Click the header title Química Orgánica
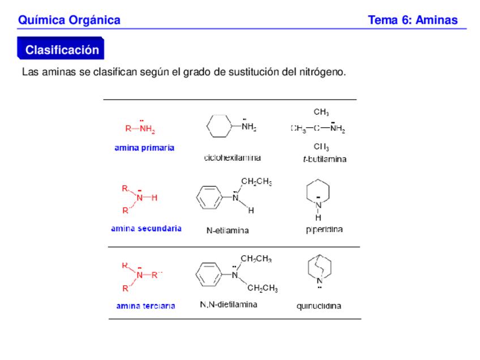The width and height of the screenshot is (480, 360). pyautogui.click(x=69, y=20)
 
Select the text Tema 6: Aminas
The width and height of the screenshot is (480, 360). pyautogui.click(x=413, y=20)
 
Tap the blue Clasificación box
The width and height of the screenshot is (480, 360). pyautogui.click(x=62, y=50)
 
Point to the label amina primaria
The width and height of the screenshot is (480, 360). pyautogui.click(x=144, y=148)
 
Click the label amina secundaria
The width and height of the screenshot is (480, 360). pyautogui.click(x=146, y=229)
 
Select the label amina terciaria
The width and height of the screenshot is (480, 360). pyautogui.click(x=145, y=306)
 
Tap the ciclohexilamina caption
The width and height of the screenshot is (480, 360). pyautogui.click(x=232, y=158)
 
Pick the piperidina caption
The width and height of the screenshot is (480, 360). pyautogui.click(x=324, y=230)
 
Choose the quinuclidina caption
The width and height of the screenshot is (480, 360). pyautogui.click(x=319, y=306)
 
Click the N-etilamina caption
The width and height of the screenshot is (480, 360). pyautogui.click(x=227, y=230)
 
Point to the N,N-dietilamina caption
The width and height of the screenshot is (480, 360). pyautogui.click(x=229, y=305)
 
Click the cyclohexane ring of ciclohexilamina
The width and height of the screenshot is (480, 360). pyautogui.click(x=218, y=126)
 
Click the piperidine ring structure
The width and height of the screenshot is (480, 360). pyautogui.click(x=318, y=192)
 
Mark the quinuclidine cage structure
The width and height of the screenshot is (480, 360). pyautogui.click(x=319, y=268)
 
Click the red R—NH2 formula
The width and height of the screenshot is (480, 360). pyautogui.click(x=139, y=128)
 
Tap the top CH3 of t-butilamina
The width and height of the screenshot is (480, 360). pyautogui.click(x=321, y=112)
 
